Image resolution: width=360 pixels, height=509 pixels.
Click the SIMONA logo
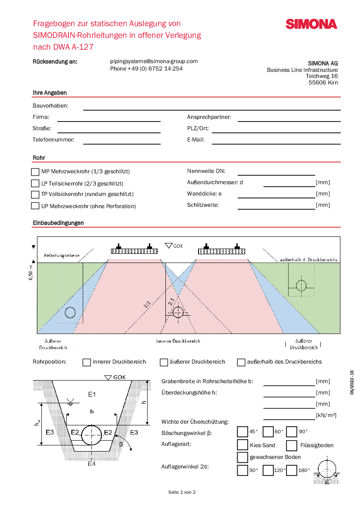311,24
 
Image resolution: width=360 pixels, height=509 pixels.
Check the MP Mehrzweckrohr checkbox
35,172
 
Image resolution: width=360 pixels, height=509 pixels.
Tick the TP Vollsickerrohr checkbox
35,194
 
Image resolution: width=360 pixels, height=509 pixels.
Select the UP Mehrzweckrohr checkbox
35,206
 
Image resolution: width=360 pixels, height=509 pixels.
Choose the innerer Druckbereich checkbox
87,362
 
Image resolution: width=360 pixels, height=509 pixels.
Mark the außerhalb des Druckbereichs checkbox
241,362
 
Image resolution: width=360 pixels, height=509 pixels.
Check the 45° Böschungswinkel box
242,431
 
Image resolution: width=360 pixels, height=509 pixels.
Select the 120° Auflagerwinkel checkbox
268,470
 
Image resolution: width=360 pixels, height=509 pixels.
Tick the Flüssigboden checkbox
292,445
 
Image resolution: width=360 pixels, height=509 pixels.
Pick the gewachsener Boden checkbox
242,457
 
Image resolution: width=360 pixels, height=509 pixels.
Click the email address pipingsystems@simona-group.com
154,61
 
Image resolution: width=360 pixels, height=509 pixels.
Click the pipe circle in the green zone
301,286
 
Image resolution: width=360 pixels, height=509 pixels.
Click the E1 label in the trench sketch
91,394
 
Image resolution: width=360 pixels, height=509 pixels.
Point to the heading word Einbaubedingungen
58,223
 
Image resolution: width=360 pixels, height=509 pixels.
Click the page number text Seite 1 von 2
182,492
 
